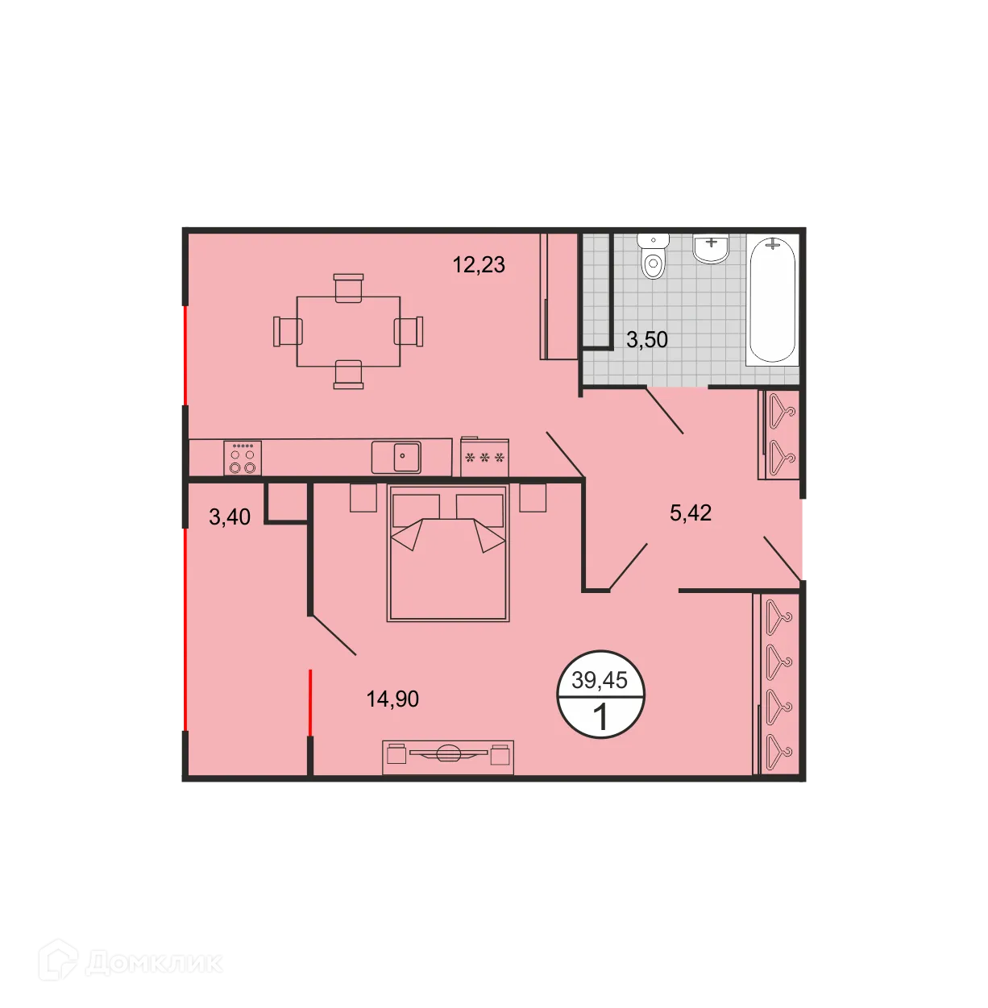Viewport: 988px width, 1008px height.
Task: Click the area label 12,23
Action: coord(479,264)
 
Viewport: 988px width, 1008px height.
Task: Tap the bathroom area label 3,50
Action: coord(647,339)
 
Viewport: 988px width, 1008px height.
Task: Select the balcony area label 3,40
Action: coord(230,516)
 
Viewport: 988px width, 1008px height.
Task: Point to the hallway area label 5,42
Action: coord(691,512)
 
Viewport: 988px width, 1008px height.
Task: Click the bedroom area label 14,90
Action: coord(392,699)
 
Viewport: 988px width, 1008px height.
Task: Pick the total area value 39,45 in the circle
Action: coord(600,680)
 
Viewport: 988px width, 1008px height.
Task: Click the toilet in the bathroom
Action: coord(654,256)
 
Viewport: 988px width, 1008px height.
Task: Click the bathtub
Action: coord(772,299)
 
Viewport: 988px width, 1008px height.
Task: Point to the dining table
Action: coord(348,332)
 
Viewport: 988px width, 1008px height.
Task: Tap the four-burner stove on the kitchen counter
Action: coord(243,458)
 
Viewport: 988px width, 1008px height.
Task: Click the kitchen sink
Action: coord(396,457)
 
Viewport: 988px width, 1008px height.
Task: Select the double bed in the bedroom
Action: coord(448,554)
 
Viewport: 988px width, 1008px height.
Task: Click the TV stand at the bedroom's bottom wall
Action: coord(448,756)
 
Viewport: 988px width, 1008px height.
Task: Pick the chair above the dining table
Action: coord(348,288)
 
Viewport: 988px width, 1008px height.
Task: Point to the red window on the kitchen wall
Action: coord(185,355)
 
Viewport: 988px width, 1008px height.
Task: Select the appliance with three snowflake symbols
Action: coord(484,458)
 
